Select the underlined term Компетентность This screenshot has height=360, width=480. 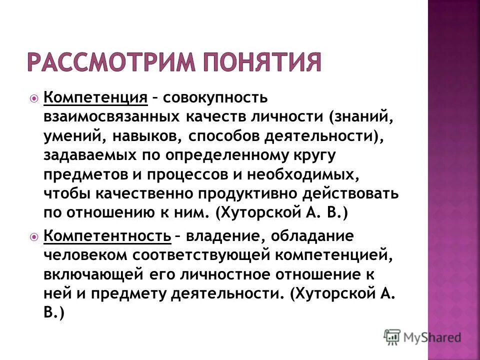107,235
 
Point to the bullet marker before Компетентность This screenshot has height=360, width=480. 33,236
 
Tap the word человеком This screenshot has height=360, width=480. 85,255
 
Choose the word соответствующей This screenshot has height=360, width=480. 200,255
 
